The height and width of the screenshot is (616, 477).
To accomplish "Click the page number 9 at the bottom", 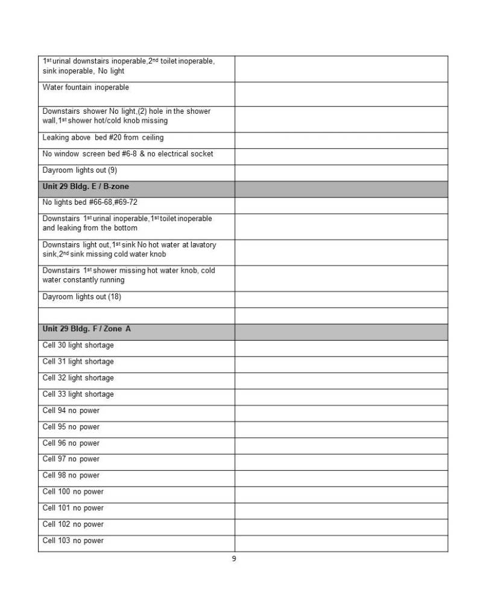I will [234, 559].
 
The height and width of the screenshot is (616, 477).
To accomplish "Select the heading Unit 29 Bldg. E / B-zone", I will [85, 187].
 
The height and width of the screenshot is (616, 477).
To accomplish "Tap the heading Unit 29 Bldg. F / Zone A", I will [86, 329].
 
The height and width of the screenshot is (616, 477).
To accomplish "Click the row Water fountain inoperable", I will [86, 87].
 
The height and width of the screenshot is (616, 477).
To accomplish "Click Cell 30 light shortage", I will [78, 346].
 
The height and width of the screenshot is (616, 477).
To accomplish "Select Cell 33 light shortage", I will [78, 394].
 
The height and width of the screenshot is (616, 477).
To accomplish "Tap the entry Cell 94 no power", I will [71, 411].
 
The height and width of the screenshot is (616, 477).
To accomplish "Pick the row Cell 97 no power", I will [71, 459].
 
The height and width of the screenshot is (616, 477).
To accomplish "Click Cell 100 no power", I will [73, 492].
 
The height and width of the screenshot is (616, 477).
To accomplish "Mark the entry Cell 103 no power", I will [73, 541].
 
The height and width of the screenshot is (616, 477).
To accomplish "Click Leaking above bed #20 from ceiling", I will [103, 138].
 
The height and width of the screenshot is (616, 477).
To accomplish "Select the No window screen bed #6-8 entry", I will [128, 154].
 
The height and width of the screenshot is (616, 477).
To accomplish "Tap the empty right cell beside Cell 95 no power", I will [341, 427].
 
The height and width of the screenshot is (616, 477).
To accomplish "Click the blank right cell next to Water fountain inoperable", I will [341, 93].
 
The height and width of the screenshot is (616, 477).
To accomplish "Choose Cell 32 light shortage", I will [78, 378].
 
